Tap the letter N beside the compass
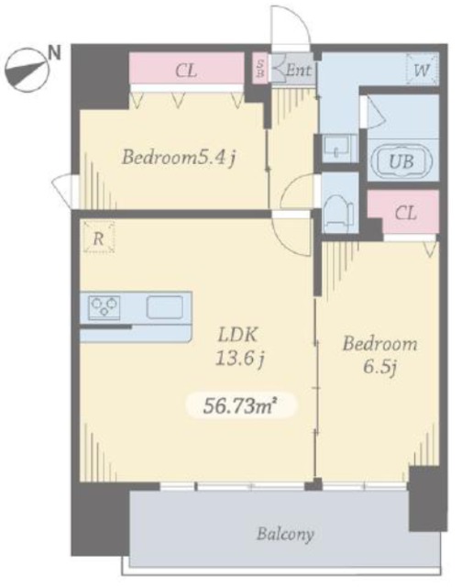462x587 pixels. (55, 52)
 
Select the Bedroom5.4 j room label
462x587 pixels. (179, 157)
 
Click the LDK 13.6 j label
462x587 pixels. (239, 347)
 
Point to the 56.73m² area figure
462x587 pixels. (240, 405)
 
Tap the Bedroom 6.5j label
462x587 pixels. (379, 355)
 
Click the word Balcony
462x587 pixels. (285, 534)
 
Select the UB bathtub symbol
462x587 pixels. (401, 161)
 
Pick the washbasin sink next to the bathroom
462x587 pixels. (338, 149)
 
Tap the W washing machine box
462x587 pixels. (422, 70)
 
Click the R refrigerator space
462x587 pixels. (98, 238)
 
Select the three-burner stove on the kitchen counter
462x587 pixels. (104, 308)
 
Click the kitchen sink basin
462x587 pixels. (165, 307)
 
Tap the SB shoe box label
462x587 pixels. (260, 68)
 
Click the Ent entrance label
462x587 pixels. (298, 70)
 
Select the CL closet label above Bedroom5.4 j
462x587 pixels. (186, 71)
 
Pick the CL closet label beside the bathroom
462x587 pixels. (405, 214)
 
